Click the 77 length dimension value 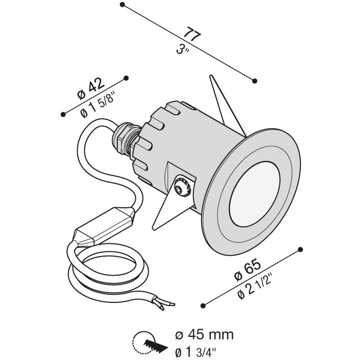192,34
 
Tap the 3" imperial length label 182,49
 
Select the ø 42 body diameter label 91,88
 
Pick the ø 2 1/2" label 254,286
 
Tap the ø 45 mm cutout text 204,335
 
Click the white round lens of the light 255,194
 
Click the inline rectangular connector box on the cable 104,227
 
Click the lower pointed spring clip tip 154,228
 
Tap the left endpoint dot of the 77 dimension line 122,5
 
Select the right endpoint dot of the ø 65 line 300,249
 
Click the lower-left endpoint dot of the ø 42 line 63,114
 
